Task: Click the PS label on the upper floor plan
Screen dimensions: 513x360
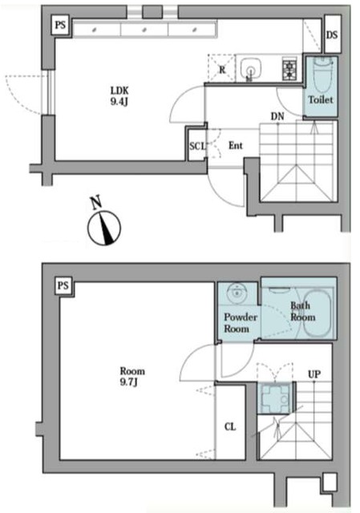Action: (x=60, y=26)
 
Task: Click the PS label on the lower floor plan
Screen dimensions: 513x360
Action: (x=63, y=285)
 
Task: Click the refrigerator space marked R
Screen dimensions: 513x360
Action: (x=220, y=69)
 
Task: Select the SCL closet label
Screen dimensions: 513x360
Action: (x=196, y=146)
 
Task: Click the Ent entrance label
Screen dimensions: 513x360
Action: (x=236, y=146)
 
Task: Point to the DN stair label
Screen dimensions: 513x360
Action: (x=277, y=117)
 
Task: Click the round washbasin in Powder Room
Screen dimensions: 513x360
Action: (x=237, y=293)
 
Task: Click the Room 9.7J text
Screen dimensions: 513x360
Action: (x=132, y=377)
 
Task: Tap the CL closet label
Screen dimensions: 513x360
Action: (x=230, y=426)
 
